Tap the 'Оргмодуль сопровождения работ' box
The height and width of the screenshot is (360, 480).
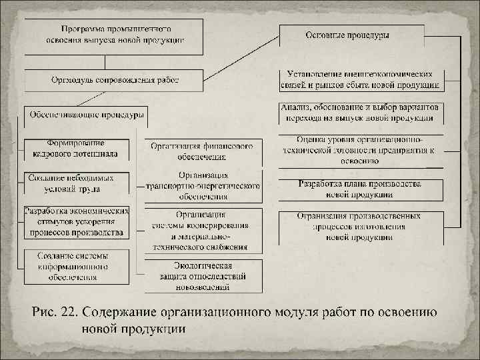[x=113, y=81]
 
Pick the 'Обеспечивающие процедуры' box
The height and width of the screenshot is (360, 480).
[x=86, y=115]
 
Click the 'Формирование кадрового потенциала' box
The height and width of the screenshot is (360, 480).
[x=75, y=149]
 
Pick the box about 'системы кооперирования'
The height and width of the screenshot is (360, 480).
[x=201, y=231]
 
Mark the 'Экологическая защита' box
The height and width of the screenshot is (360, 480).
[x=201, y=275]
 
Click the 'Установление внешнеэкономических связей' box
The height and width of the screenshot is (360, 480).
[x=360, y=80]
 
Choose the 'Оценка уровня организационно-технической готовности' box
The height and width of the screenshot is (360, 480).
[x=360, y=150]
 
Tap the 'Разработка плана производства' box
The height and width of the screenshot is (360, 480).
[x=360, y=189]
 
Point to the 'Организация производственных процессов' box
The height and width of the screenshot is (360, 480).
[x=360, y=227]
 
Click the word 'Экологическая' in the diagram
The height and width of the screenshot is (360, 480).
[x=201, y=266]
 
